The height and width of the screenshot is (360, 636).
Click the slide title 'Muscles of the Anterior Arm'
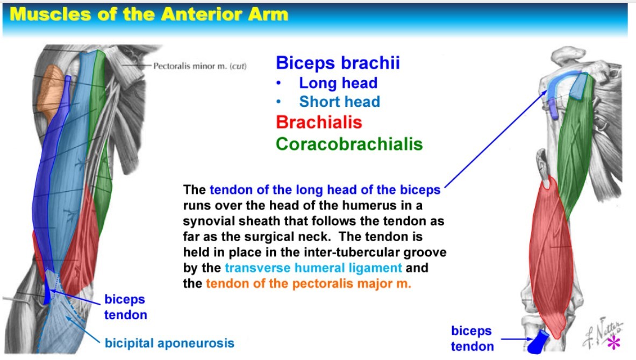[149, 15]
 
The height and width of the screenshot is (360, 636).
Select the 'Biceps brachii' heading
[338, 63]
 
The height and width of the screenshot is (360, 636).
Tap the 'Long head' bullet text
[338, 83]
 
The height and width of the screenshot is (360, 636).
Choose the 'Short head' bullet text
[339, 102]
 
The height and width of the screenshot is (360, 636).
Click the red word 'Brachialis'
[319, 122]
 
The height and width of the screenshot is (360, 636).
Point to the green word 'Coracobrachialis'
[349, 144]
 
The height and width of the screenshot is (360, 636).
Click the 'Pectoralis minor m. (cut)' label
[199, 66]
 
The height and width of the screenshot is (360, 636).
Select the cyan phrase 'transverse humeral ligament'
[313, 268]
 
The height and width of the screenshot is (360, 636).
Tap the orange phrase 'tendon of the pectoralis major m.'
[308, 283]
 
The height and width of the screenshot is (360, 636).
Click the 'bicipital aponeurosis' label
[169, 343]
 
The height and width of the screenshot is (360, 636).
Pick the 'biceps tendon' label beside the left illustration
[125, 307]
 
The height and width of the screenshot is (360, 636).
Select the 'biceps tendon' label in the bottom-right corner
[472, 339]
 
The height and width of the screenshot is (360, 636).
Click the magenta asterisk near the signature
[614, 342]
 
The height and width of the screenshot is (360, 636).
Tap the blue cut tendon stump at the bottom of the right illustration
[538, 342]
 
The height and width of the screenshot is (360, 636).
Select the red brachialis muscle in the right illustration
[551, 255]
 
